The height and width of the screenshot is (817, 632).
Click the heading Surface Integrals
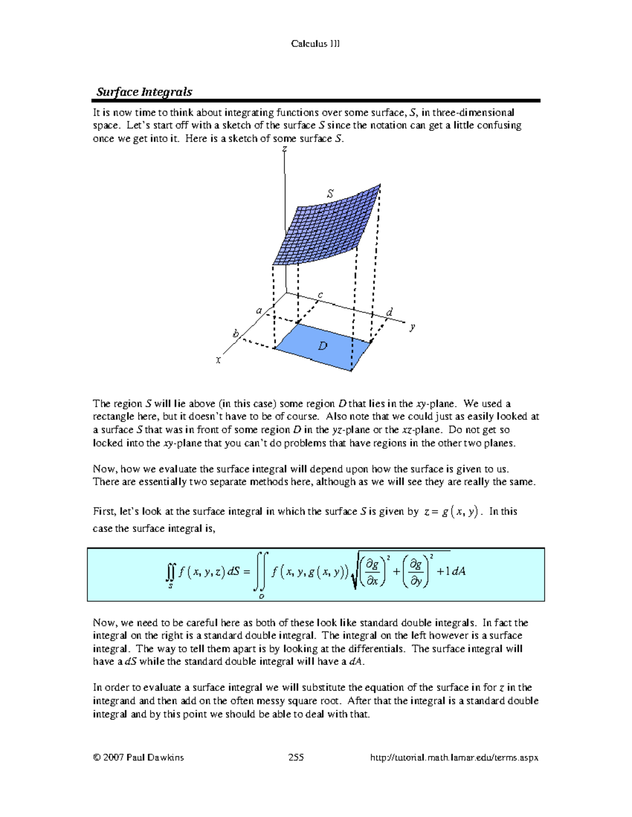click(144, 92)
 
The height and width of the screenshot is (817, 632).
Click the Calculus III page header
click(315, 44)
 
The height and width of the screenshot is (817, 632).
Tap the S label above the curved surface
click(330, 194)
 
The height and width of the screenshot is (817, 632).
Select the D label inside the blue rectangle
click(322, 346)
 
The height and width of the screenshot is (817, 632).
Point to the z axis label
click(284, 149)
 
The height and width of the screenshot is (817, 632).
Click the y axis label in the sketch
click(412, 327)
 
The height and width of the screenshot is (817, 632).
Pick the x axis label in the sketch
click(218, 360)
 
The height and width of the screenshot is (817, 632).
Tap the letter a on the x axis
click(259, 310)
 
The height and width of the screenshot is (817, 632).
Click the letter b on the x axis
click(236, 334)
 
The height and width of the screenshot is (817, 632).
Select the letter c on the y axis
click(320, 295)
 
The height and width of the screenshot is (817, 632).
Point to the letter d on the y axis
click(389, 312)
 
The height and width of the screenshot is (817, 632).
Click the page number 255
click(296, 758)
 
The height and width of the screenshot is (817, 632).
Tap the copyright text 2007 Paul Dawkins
click(139, 758)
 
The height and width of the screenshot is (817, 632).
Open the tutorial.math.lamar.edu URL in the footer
click(454, 758)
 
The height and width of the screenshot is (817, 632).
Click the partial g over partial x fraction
click(372, 572)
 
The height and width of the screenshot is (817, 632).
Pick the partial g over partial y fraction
click(416, 572)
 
